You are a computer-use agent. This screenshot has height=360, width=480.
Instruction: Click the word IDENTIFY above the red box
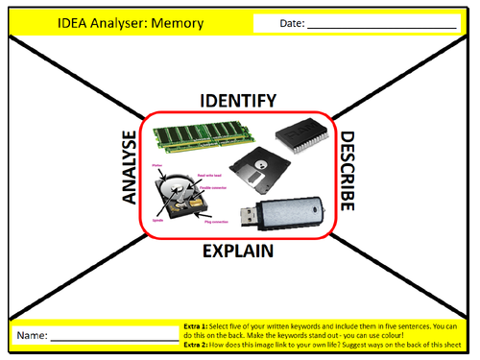[x=238, y=101]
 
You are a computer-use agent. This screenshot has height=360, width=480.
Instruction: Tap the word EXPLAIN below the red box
[x=238, y=252]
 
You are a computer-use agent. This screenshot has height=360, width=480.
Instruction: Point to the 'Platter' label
[x=158, y=166]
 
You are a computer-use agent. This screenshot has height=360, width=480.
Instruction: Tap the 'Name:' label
[x=31, y=336]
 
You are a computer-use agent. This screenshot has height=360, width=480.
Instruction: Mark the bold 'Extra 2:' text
[x=196, y=343]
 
